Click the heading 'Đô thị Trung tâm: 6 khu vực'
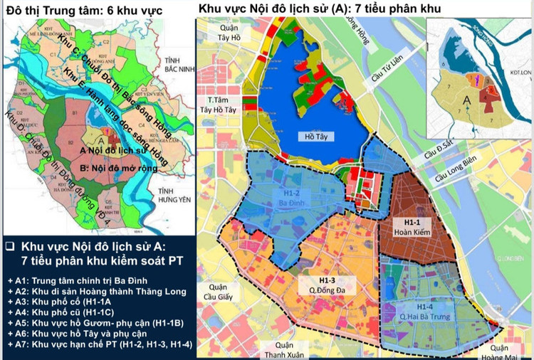[x=84, y=11]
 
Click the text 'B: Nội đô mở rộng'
[x=123, y=168]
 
